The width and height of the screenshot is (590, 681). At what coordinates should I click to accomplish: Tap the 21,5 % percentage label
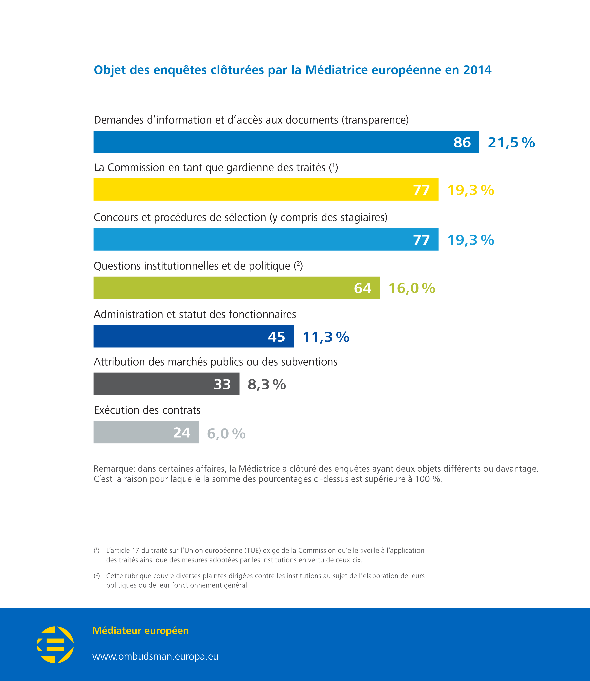(x=511, y=142)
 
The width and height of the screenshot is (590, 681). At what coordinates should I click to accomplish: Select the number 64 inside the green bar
(x=363, y=288)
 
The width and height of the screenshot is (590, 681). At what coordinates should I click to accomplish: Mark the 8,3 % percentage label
(x=267, y=384)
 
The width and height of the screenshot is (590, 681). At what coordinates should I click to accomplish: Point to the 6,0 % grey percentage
(x=226, y=433)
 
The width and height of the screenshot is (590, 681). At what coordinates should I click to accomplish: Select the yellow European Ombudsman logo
(x=55, y=645)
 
